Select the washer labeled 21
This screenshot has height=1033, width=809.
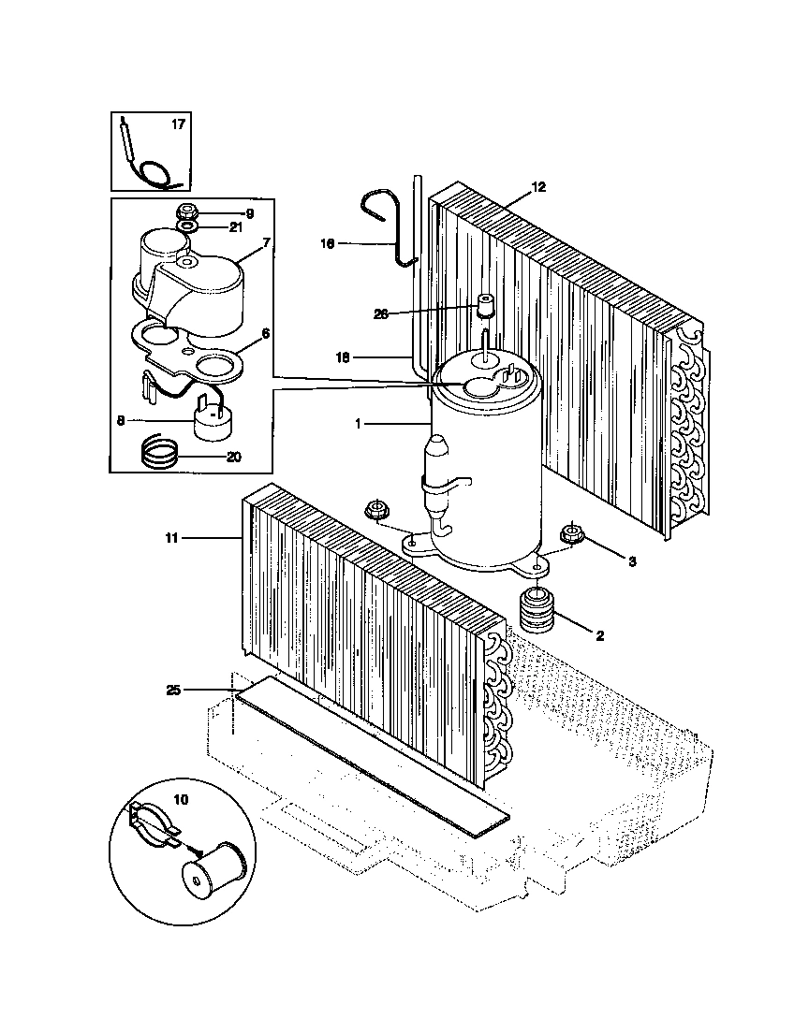(x=186, y=226)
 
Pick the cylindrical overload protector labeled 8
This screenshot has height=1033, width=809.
(x=214, y=422)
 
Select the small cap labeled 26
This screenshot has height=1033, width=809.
(x=485, y=306)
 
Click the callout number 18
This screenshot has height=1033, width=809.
(x=344, y=357)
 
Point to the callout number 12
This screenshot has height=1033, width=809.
(x=537, y=186)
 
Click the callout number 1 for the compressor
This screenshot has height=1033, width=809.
(x=358, y=424)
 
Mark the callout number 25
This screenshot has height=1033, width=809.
(x=173, y=690)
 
